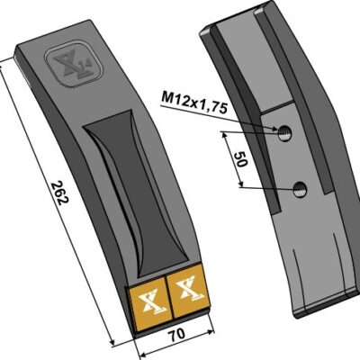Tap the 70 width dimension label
pos(177,334)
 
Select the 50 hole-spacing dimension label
pos(240,159)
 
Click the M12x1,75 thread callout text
pos(194,103)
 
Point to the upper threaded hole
pos(283,133)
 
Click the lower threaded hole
pos(300,190)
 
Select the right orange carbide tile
pos(188,291)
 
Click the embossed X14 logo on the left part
pos(74,65)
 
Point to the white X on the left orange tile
pos(151,302)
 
